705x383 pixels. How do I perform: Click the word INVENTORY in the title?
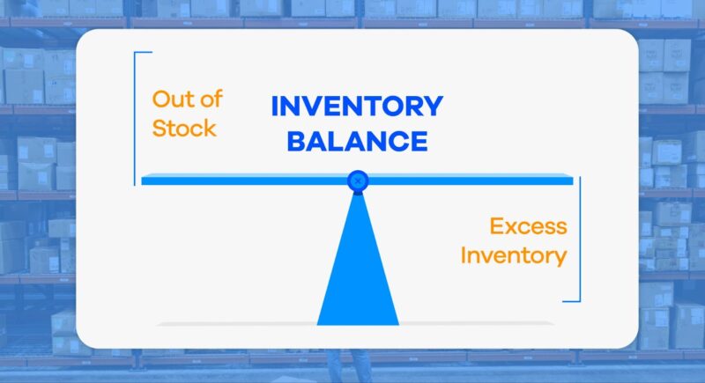[356, 107]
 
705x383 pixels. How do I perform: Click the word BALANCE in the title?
[357, 141]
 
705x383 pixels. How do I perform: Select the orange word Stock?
[184, 128]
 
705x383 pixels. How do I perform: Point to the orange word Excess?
[528, 226]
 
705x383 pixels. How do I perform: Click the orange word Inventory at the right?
[514, 256]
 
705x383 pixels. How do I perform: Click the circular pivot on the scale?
[357, 180]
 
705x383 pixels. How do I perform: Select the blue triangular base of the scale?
[357, 273]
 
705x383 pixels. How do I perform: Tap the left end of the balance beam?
[146, 180]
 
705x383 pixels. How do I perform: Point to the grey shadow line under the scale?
[357, 324]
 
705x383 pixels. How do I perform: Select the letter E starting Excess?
[497, 226]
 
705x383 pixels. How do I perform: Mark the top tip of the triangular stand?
[357, 194]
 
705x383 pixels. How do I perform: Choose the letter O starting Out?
[160, 99]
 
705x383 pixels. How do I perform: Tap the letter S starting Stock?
[160, 128]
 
